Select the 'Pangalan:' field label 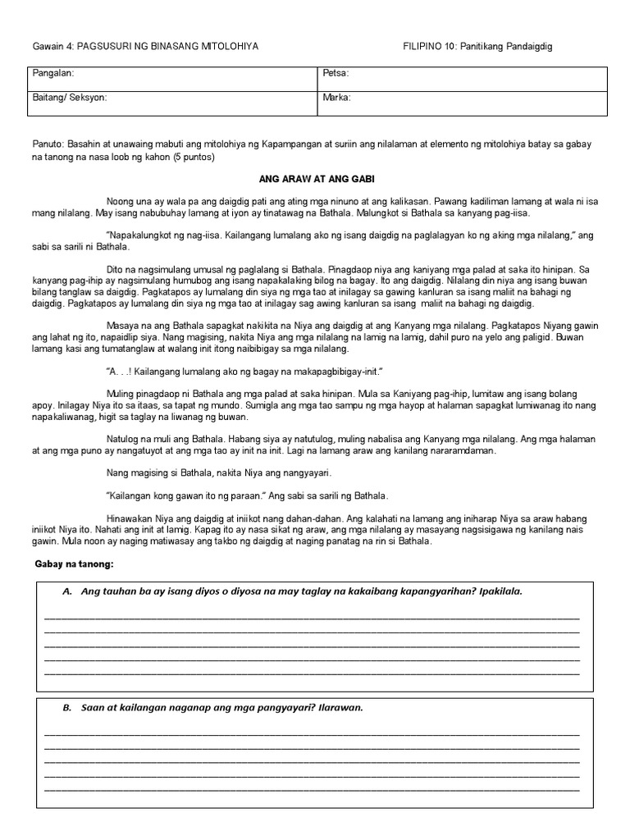(53, 74)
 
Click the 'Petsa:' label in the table (336, 74)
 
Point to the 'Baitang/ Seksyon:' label (69, 98)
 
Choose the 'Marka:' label (338, 98)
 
